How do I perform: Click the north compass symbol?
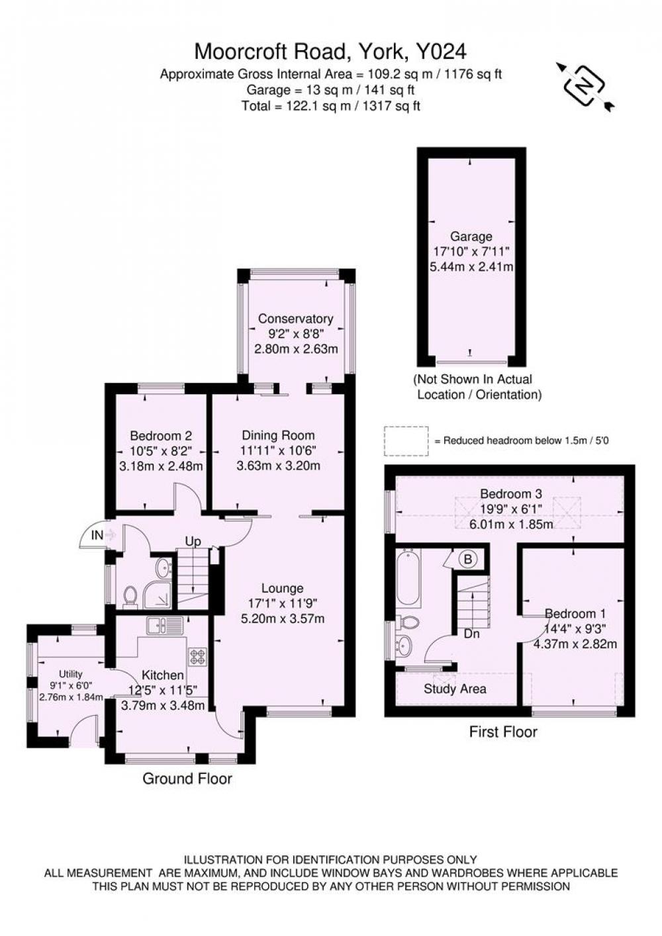[x=585, y=87]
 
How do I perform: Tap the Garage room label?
[x=471, y=237]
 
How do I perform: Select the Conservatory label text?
[x=296, y=319]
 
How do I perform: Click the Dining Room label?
[x=278, y=435]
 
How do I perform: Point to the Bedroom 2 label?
[x=161, y=436]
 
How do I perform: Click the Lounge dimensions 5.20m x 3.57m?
[x=283, y=618]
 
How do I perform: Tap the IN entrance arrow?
[x=110, y=534]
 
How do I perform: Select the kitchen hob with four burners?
[x=197, y=656]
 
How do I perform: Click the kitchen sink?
[x=164, y=626]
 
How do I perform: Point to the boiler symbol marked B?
[x=468, y=559]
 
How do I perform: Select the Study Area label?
[x=455, y=689]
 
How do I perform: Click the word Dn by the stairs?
[x=471, y=634]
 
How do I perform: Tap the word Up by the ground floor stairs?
[x=193, y=542]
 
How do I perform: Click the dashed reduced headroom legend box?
[x=406, y=441]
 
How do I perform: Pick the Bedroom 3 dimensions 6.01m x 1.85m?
[x=512, y=524]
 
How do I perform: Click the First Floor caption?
[x=503, y=732]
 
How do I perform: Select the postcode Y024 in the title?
[x=440, y=52]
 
